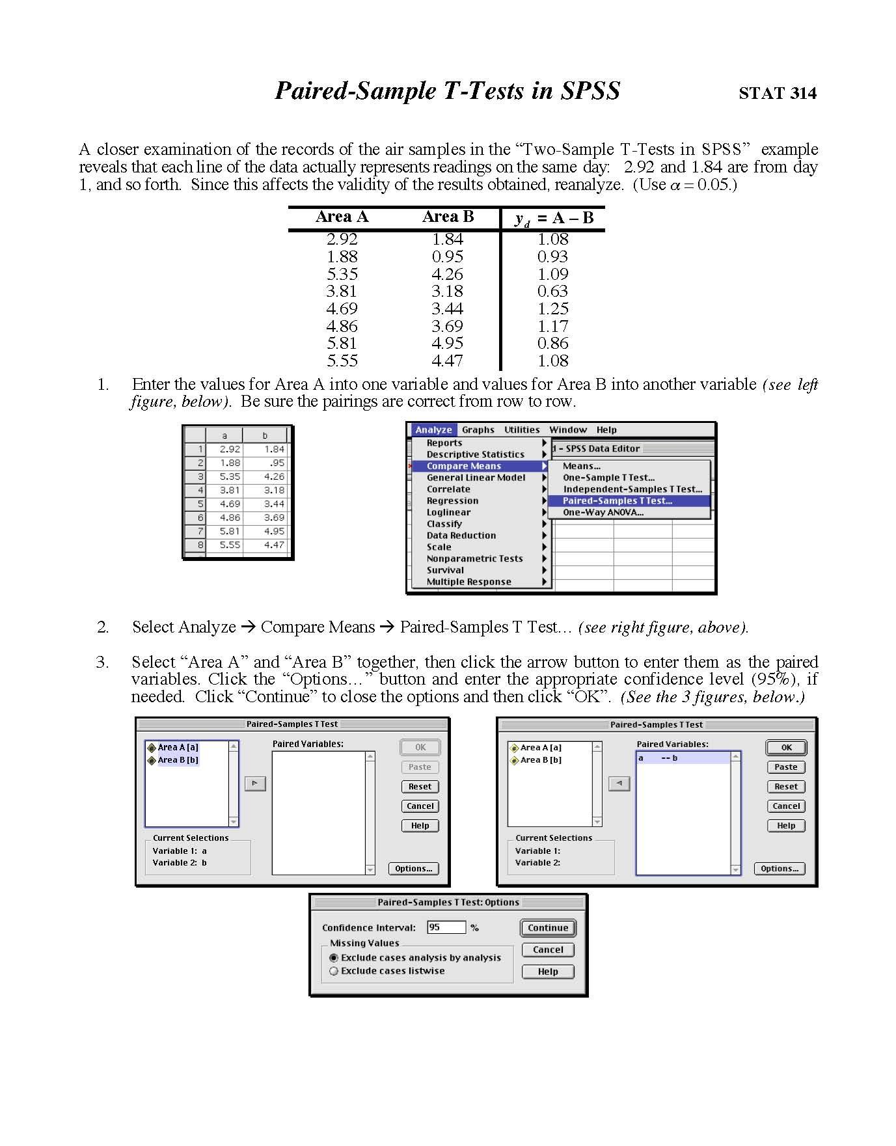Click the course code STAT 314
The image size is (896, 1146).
point(777,93)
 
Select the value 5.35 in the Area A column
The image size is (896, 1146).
point(342,274)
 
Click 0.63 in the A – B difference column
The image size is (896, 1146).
point(552,291)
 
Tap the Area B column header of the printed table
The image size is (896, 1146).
point(448,217)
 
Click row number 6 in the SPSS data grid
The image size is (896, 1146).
point(200,517)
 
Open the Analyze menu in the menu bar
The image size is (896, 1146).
point(433,430)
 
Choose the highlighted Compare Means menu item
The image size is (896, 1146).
point(464,466)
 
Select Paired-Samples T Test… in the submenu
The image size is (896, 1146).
point(617,500)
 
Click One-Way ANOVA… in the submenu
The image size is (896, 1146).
point(603,512)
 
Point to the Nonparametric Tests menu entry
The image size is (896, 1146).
point(474,558)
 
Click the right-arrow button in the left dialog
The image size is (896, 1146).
point(255,784)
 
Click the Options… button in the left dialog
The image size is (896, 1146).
point(413,869)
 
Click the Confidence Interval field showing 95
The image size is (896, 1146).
point(446,927)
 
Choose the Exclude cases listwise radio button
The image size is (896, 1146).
point(334,971)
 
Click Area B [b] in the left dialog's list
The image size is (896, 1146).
point(178,760)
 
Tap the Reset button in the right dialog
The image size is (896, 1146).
point(785,787)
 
